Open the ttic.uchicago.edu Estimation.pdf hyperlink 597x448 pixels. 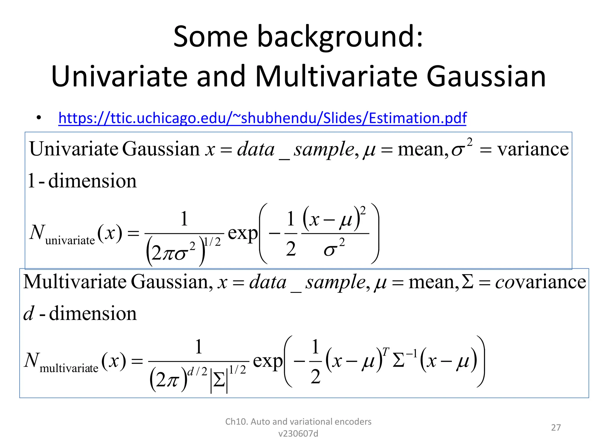pos(262,118)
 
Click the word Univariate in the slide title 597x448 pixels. pos(119,76)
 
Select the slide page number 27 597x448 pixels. pos(556,428)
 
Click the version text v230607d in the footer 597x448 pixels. pos(298,434)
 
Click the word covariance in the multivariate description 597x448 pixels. pos(541,282)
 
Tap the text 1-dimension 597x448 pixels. pos(82,181)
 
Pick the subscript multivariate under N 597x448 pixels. pos(69,368)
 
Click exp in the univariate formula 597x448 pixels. pos(243,233)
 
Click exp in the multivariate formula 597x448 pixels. pos(268,361)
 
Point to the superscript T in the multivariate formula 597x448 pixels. pos(385,352)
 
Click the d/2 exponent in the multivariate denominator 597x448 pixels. pos(197,371)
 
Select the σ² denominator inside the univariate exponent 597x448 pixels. pos(334,249)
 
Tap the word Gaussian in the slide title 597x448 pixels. pos(486,76)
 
